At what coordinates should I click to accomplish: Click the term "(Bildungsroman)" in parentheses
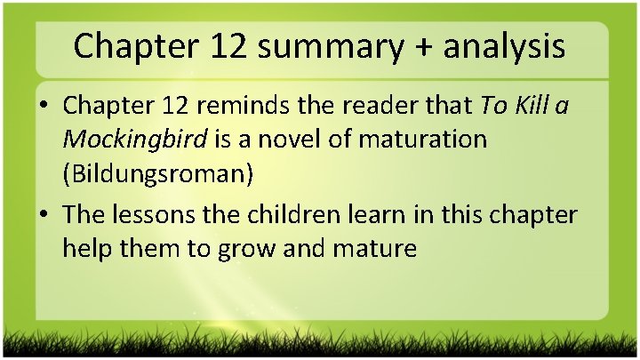click(158, 173)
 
